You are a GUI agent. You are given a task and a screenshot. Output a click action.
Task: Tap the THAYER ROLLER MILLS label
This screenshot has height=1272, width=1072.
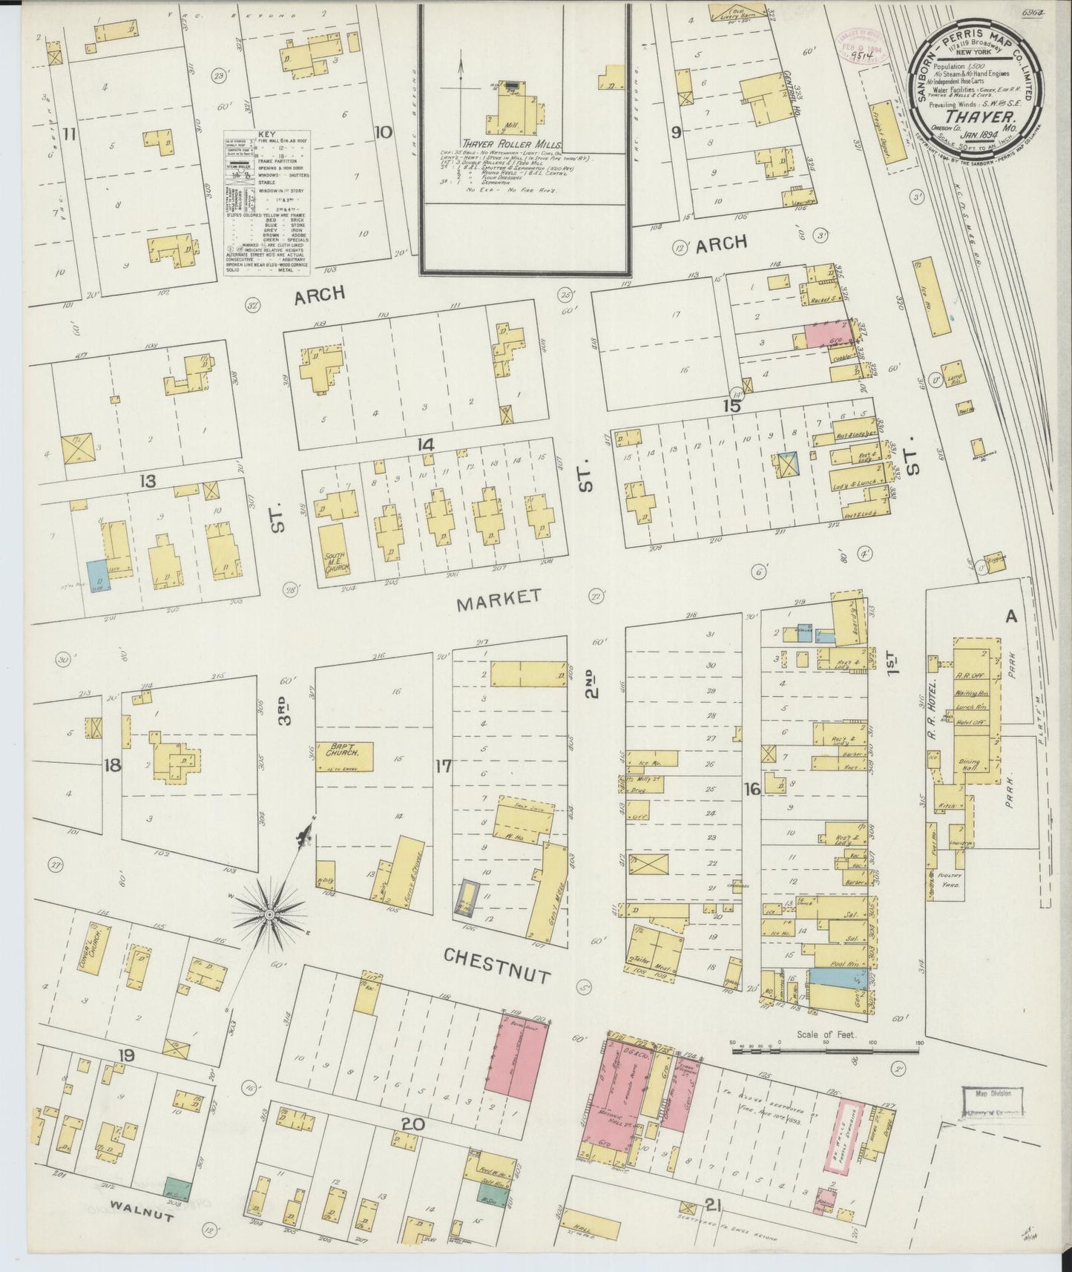[x=512, y=145]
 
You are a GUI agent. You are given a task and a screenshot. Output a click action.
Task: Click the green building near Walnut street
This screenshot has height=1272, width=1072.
[x=177, y=1189]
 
